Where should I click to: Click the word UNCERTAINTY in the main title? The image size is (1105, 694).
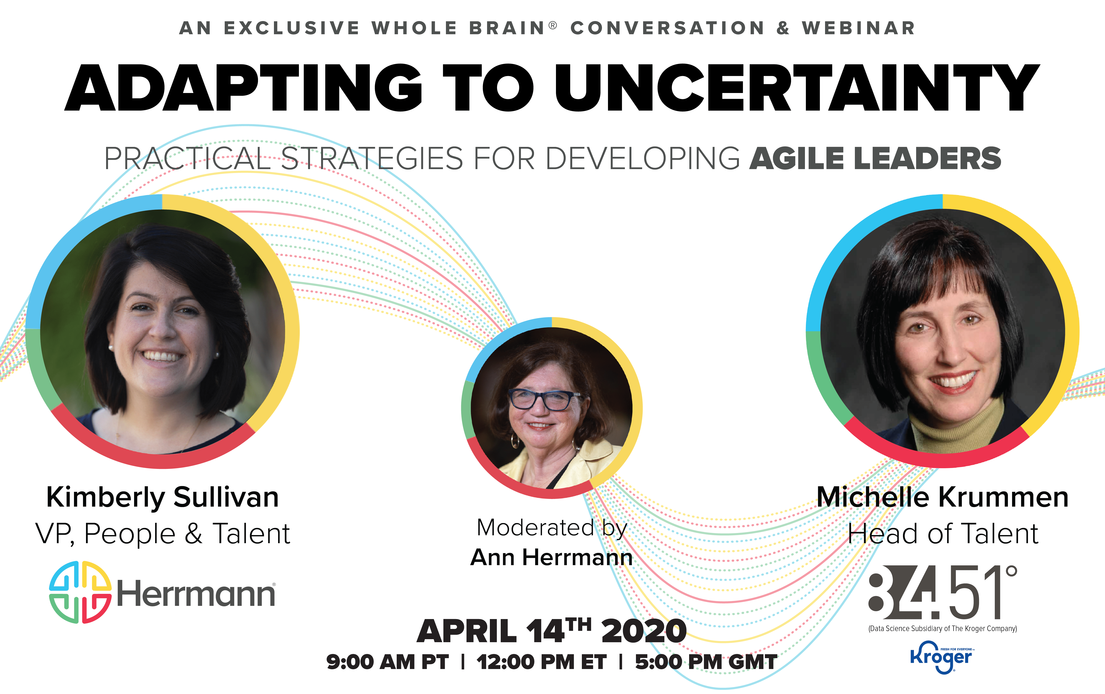click(x=797, y=88)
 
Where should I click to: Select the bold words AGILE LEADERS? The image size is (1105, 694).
click(x=875, y=158)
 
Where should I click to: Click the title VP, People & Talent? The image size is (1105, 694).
click(x=163, y=534)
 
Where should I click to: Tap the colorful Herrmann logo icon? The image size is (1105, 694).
click(x=80, y=592)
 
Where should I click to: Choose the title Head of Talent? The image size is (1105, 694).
click(x=943, y=534)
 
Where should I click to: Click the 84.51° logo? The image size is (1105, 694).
click(x=943, y=592)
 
